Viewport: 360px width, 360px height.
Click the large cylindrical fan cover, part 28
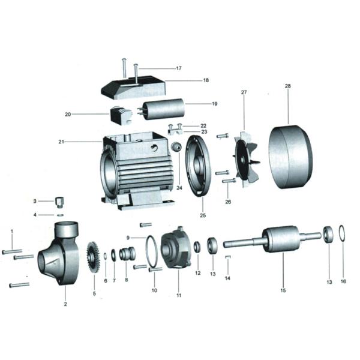click(289, 157)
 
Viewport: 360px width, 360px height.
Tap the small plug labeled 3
click(59, 200)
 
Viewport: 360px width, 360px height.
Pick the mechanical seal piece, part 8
click(127, 254)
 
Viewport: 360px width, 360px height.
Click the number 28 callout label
click(287, 86)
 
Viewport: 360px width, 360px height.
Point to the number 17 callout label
click(178, 68)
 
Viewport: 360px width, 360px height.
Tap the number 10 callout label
click(154, 290)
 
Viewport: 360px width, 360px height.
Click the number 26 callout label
click(227, 202)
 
